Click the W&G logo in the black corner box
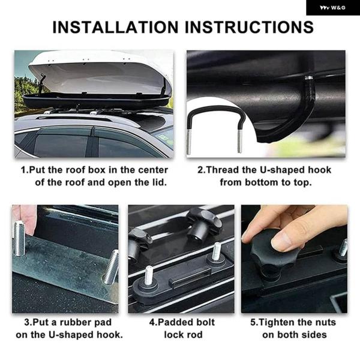pyautogui.click(x=332, y=8)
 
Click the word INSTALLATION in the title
pyautogui.click(x=115, y=28)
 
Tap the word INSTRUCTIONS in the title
pyautogui.click(x=249, y=28)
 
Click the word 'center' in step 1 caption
pyautogui.click(x=153, y=170)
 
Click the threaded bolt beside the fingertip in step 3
pyautogui.click(x=19, y=238)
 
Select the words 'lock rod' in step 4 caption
pyautogui.click(x=184, y=335)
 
